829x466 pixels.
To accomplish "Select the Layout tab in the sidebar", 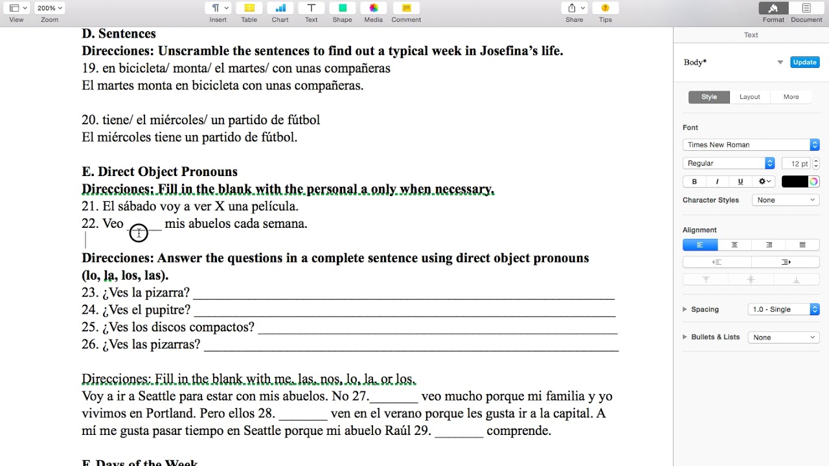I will (x=749, y=97).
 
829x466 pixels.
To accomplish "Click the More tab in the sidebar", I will (x=791, y=97).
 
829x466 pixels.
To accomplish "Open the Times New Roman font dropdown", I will (x=751, y=145).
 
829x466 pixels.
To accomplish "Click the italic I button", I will (x=717, y=182).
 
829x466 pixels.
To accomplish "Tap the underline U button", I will (x=740, y=182).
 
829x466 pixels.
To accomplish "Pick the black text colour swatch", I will (x=794, y=182).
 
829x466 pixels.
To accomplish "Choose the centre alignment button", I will (x=734, y=245).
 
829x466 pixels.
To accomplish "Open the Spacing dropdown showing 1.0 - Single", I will (x=783, y=309).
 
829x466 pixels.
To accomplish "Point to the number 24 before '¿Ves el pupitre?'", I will (x=89, y=310).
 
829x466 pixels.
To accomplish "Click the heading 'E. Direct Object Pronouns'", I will (x=159, y=172).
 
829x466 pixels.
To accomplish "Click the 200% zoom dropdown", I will (x=50, y=8).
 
